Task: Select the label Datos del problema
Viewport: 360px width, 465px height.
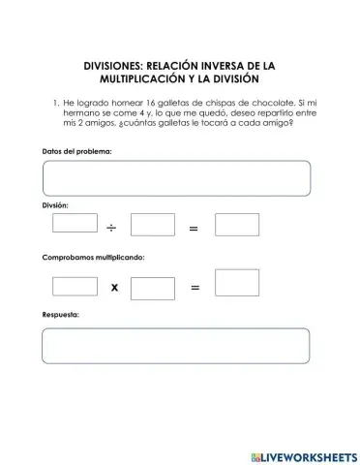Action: pos(77,150)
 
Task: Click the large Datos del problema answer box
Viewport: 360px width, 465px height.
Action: pos(176,178)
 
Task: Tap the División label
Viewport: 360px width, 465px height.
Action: pos(56,206)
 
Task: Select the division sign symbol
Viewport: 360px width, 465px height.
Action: pos(112,229)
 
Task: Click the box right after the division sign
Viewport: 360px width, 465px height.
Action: pos(152,226)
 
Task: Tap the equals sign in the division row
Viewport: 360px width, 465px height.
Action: pos(194,229)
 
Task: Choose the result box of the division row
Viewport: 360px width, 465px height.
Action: pos(236,226)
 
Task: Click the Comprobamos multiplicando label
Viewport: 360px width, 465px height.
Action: pos(93,259)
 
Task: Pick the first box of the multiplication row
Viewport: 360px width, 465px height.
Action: pos(75,287)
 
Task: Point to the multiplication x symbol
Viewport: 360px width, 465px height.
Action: pos(113,288)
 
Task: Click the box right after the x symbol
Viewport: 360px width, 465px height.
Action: pos(152,288)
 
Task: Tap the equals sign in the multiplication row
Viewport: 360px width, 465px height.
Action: pos(194,288)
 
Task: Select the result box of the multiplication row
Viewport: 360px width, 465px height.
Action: pos(236,284)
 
